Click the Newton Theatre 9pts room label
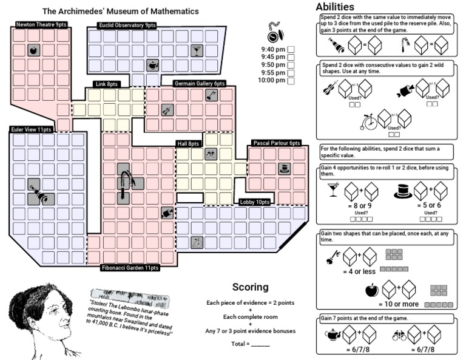[42, 24]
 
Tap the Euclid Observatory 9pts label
[126, 25]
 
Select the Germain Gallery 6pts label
[199, 83]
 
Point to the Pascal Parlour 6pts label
[277, 143]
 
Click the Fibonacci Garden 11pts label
[130, 267]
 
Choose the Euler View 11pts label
[31, 129]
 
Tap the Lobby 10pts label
[254, 202]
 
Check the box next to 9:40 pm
[291, 49]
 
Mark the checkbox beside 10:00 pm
[291, 80]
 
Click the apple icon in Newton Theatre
[33, 50]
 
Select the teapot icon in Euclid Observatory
[153, 64]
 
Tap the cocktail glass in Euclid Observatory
[197, 51]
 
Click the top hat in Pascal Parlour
[284, 168]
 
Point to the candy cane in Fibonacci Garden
[127, 182]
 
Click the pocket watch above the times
[273, 33]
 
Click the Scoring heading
[250, 287]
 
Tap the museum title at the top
[121, 11]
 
